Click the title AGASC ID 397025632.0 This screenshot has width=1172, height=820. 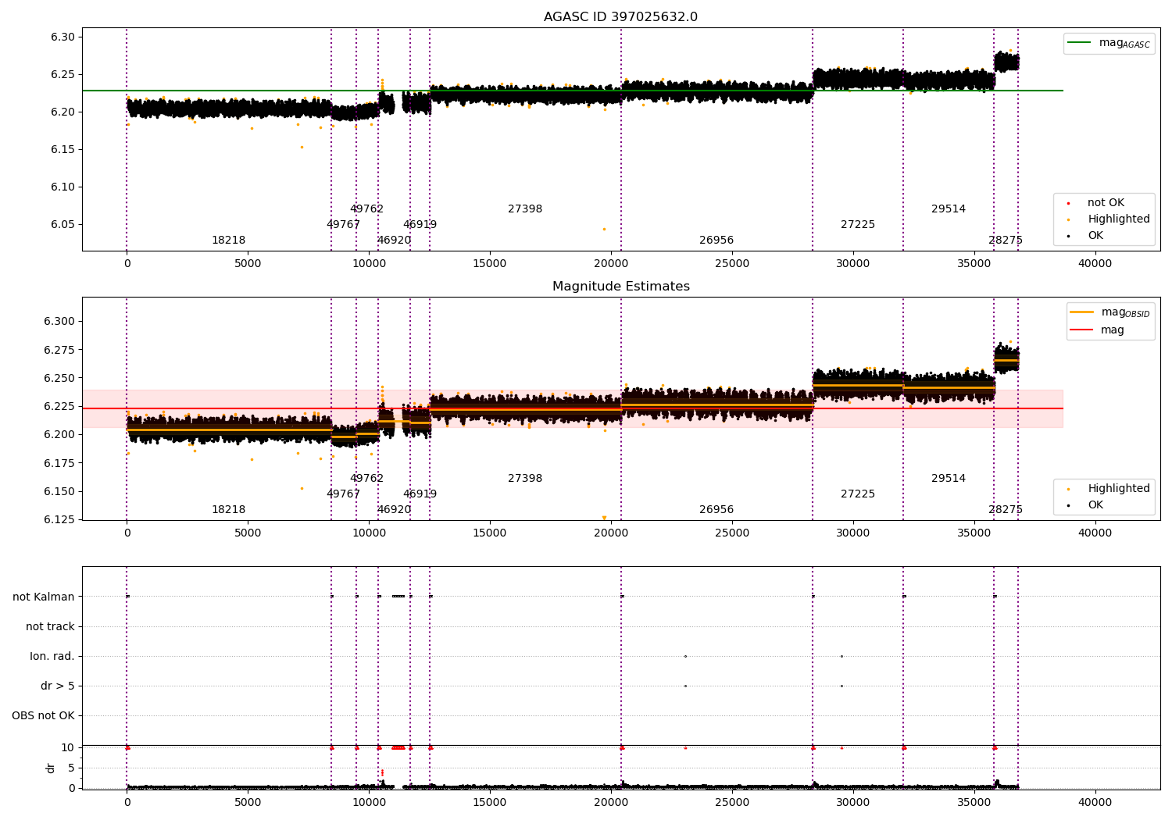[620, 17]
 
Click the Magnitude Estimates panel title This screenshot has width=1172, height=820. [620, 287]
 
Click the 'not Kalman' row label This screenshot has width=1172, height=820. [44, 597]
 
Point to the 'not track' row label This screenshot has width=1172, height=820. [50, 626]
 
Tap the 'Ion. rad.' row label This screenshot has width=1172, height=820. [52, 656]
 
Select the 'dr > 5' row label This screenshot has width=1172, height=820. [58, 686]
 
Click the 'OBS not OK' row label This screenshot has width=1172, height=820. [43, 715]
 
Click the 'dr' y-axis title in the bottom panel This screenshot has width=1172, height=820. [51, 768]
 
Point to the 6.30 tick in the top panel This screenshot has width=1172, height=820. [63, 37]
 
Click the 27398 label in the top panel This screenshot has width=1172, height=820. [524, 209]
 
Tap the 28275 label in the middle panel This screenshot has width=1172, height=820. [1005, 510]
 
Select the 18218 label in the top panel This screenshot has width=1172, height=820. [228, 241]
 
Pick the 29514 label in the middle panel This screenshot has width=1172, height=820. [948, 479]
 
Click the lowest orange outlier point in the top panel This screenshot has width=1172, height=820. [604, 229]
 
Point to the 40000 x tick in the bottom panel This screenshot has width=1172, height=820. [1095, 802]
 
